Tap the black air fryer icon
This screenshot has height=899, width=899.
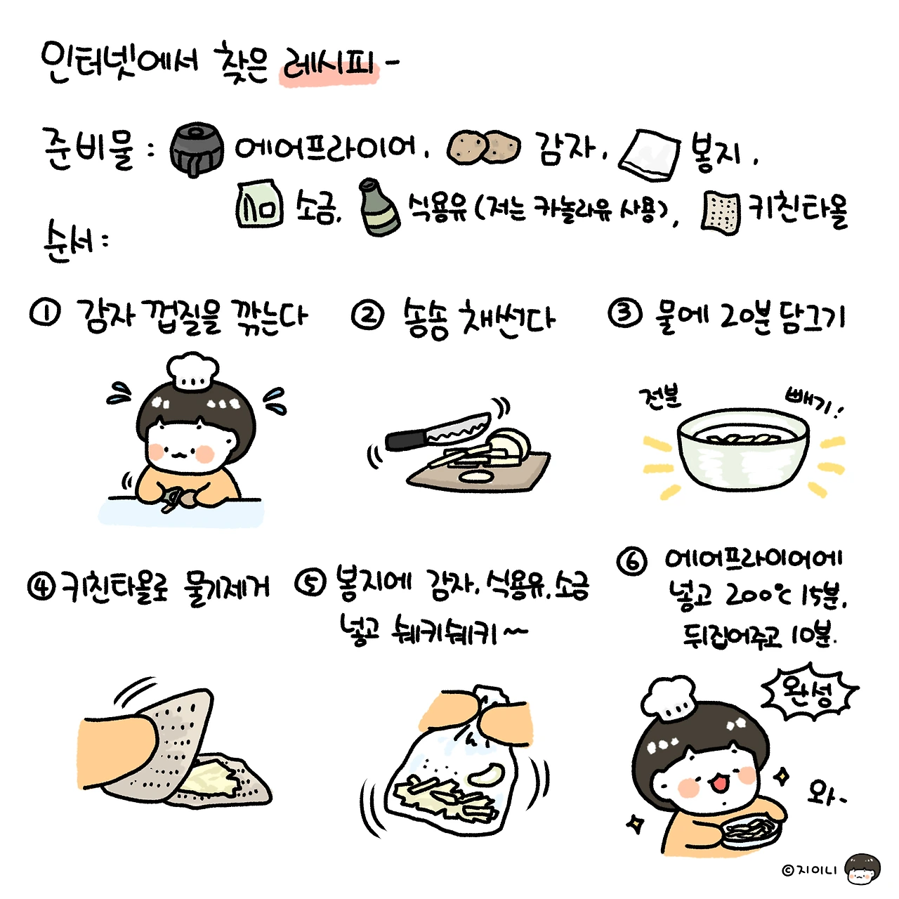click(195, 150)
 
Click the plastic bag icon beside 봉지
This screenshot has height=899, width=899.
click(648, 155)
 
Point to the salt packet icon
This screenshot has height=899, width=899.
click(260, 204)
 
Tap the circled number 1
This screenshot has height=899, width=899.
click(45, 314)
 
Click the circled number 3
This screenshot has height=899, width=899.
click(625, 312)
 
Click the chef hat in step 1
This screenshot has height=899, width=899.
click(192, 372)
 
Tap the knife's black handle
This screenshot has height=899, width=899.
click(405, 440)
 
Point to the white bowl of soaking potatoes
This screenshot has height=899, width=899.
click(742, 448)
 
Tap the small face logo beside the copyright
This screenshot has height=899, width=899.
click(862, 870)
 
